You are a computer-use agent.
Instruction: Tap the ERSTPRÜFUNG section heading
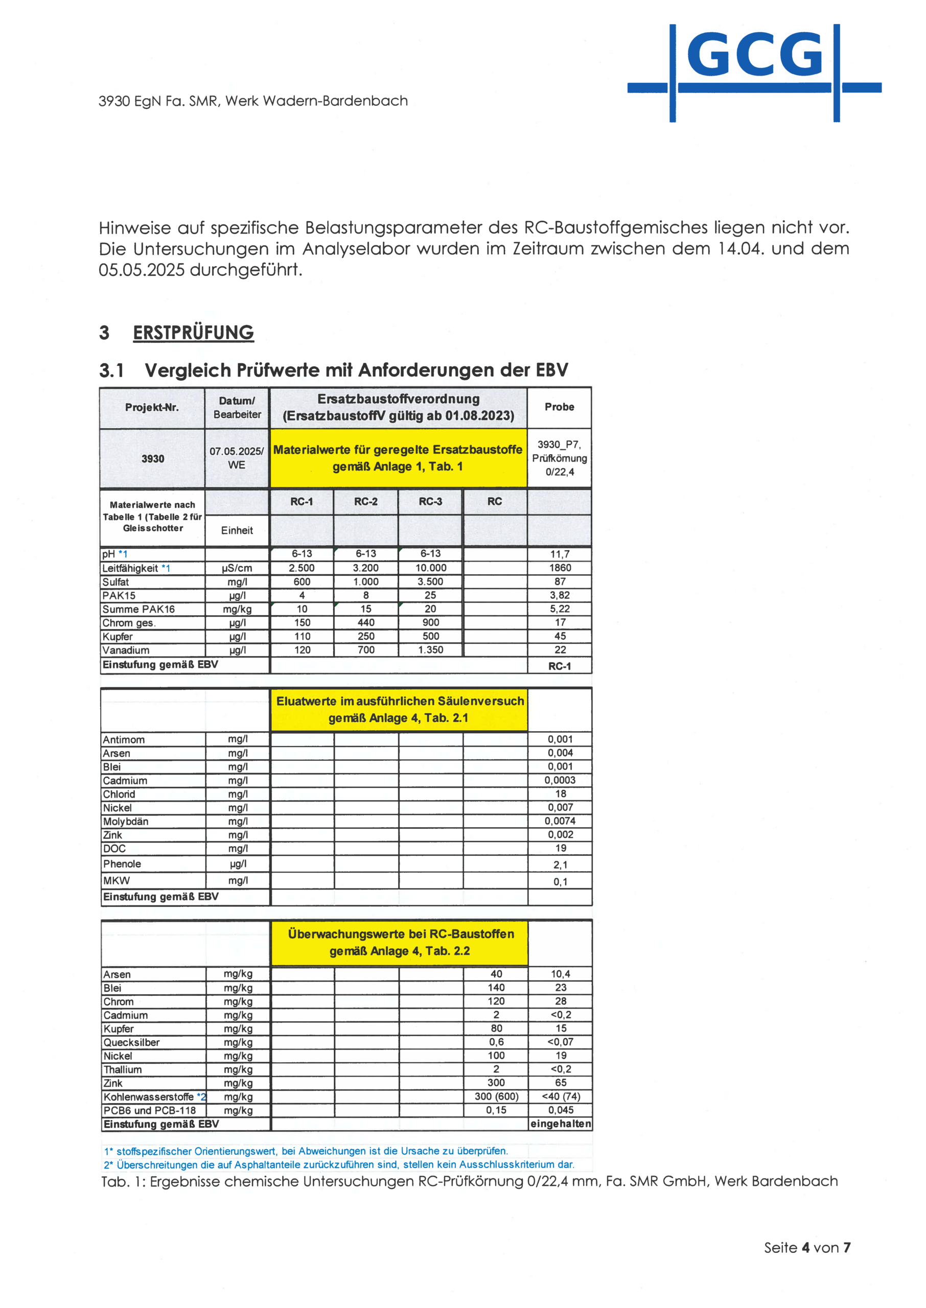coord(193,332)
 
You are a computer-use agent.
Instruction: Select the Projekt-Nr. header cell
coord(152,408)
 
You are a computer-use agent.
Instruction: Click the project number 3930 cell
coord(152,459)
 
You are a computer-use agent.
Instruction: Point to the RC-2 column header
coord(365,502)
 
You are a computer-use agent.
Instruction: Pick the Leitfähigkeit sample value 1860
coord(560,568)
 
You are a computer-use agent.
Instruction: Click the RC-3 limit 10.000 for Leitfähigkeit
coord(430,568)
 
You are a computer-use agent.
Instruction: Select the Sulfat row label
coord(115,582)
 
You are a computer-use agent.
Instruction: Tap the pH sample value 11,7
coord(560,554)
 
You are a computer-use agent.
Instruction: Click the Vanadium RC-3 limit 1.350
coord(430,650)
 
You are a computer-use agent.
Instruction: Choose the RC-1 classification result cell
coord(560,666)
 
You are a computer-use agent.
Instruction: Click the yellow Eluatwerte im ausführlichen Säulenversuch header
coord(399,710)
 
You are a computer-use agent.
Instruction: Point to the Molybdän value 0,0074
coord(560,821)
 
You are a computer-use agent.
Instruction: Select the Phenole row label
coord(122,864)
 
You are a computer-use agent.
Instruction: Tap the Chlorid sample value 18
coord(561,794)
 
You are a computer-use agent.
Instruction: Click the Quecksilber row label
coord(132,1042)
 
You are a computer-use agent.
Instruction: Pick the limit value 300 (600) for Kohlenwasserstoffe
coord(496,1096)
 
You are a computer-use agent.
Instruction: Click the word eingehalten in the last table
coord(561,1124)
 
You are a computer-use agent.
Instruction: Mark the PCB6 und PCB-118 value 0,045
coord(561,1110)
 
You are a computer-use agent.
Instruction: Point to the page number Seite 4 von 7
coord(807,1248)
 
